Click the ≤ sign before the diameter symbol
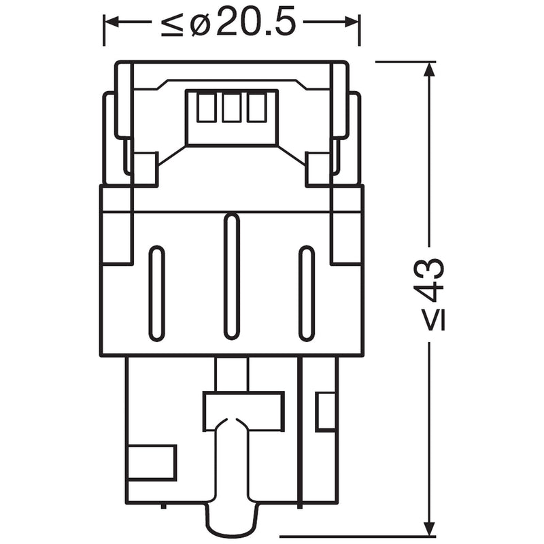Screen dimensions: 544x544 tap(172, 25)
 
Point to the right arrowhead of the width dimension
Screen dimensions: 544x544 tap(352, 22)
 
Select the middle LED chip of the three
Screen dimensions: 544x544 tap(232, 108)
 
